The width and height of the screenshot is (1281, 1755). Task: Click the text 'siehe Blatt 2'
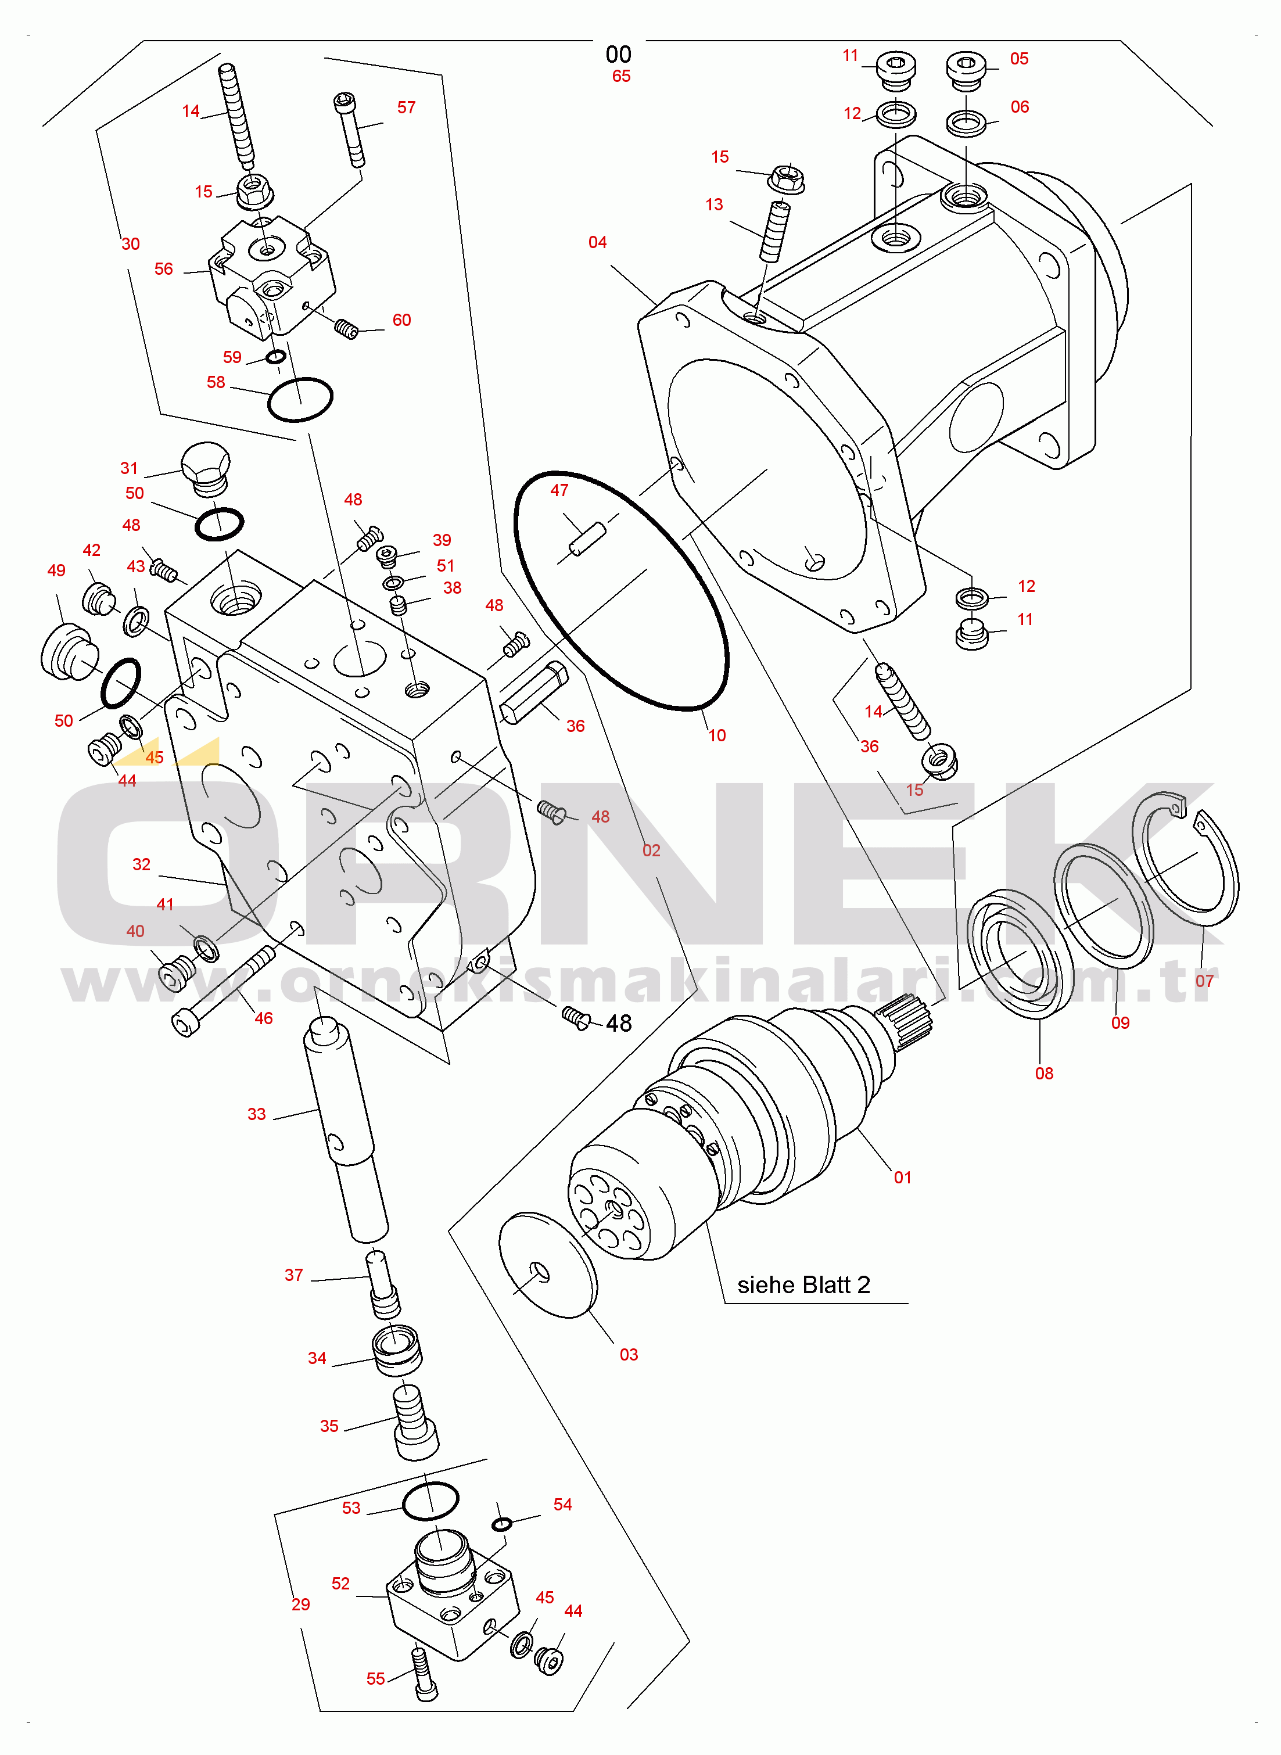(803, 1284)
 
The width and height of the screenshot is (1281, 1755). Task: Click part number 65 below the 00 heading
(621, 76)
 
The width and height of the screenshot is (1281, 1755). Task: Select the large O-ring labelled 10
(621, 591)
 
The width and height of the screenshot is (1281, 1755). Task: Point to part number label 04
(597, 242)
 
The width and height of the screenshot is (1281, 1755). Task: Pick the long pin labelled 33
(346, 1129)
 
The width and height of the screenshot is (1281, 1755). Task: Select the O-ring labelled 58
(300, 399)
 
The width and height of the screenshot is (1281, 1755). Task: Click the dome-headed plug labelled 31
(206, 469)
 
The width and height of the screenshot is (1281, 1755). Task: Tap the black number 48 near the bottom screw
(619, 1023)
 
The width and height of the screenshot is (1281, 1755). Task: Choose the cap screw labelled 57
(350, 130)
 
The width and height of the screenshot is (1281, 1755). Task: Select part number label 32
(141, 864)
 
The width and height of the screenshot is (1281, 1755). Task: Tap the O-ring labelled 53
(430, 1501)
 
